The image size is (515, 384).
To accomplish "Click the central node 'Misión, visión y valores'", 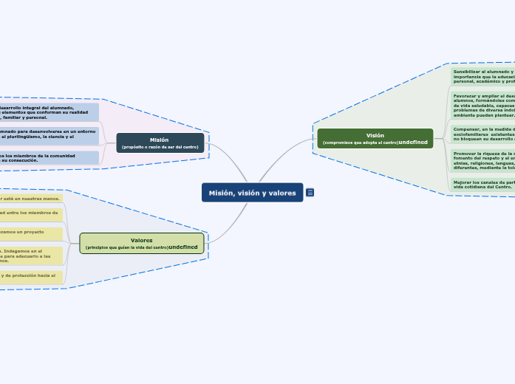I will [252, 193].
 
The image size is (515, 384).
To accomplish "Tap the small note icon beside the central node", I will [310, 193].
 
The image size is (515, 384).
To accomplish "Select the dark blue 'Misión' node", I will [160, 143].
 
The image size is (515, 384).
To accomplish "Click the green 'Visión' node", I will [375, 138].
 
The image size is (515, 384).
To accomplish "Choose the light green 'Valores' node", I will [141, 243].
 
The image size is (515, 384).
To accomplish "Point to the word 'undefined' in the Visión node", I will [413, 142].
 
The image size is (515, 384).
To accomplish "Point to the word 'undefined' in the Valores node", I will [183, 247].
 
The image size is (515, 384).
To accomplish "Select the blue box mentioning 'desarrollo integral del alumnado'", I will [49, 112].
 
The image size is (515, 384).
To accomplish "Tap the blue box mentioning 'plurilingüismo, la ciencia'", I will [49, 135].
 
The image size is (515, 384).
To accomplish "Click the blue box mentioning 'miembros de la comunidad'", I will [49, 158].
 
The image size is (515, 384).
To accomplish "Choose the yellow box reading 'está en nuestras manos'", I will [31, 199].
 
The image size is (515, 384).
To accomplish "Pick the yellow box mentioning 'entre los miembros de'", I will [31, 214].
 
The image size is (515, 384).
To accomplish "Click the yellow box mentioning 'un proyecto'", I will [31, 233].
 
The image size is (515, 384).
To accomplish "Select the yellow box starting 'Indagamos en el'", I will [31, 256].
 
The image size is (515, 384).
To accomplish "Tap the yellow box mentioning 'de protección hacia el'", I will [31, 277].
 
